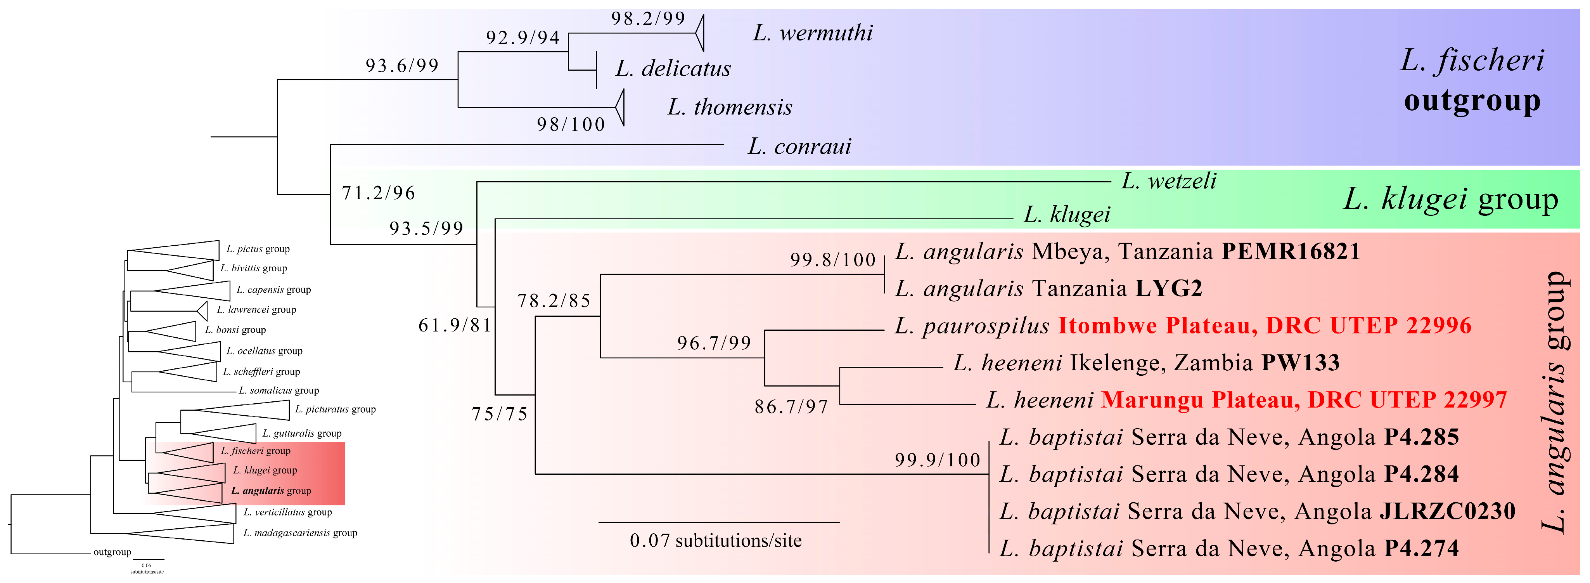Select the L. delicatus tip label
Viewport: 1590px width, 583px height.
(x=673, y=69)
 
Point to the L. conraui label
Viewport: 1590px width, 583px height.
(x=799, y=146)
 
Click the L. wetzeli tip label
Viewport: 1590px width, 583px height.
(x=1168, y=181)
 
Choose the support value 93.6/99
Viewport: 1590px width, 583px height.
(x=402, y=66)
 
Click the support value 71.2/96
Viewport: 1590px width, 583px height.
(x=378, y=193)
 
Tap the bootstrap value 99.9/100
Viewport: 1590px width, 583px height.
(x=937, y=460)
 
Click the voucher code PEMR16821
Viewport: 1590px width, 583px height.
(x=1291, y=252)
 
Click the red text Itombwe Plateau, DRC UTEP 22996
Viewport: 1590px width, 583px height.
(x=1265, y=326)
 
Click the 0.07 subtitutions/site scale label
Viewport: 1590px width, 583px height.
(x=715, y=541)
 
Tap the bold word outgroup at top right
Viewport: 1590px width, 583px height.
(x=1472, y=101)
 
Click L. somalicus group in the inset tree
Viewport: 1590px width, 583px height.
(x=279, y=390)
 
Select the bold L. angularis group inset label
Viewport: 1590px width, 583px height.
(x=271, y=491)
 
